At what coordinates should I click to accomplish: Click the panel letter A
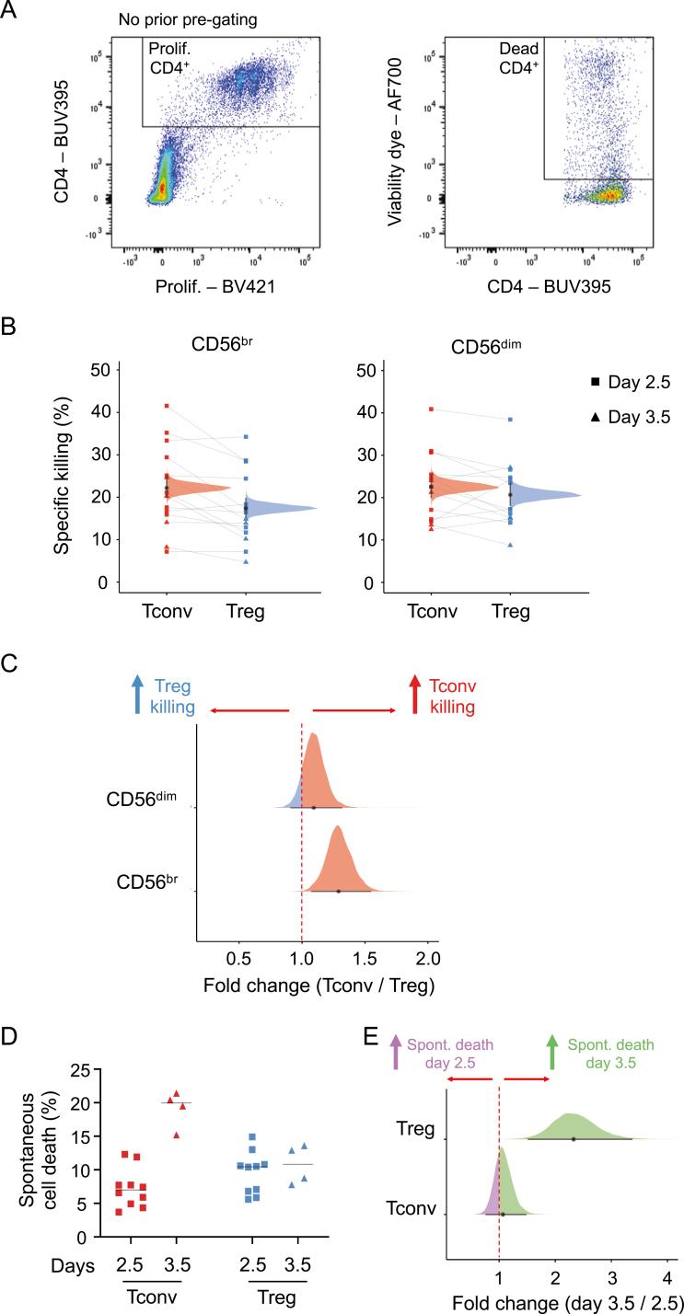[12, 12]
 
